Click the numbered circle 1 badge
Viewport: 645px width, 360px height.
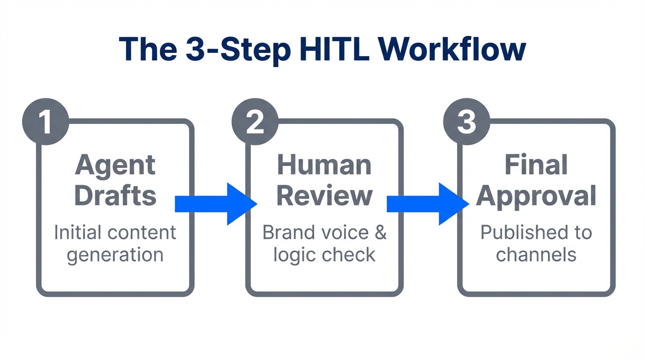coord(45,121)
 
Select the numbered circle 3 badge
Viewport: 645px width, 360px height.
coord(466,121)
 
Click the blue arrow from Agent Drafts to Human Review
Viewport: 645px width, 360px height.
coord(216,204)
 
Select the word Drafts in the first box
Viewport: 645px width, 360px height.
coord(115,195)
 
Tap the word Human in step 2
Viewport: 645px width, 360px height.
coord(324,165)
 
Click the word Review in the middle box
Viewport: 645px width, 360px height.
coord(324,195)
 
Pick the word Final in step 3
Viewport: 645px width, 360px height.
coord(536,165)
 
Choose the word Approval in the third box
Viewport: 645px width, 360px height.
coord(536,196)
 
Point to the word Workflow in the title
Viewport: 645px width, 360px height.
coord(452,49)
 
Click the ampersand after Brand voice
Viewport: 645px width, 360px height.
coord(381,232)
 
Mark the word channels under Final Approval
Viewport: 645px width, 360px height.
coord(536,255)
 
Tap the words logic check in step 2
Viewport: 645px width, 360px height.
coord(324,255)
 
